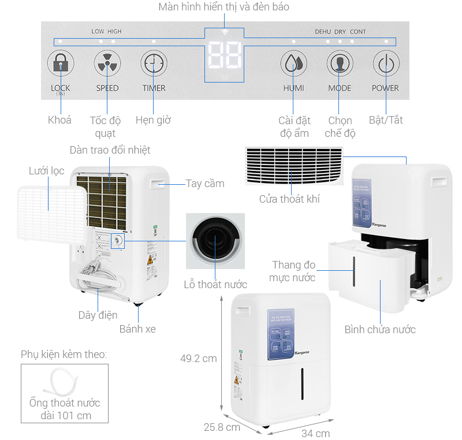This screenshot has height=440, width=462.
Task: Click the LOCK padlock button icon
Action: pos(60,64)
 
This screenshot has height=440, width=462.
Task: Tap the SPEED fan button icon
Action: pos(107,64)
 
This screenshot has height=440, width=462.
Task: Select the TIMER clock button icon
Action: pos(154,64)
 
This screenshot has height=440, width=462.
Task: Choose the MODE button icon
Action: pos(340,64)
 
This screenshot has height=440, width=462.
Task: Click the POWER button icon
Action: pos(385,64)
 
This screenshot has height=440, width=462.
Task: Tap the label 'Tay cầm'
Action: pos(205,184)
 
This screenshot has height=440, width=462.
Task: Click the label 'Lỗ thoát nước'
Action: pos(215,284)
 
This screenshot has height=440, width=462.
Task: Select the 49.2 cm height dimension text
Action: pos(198,358)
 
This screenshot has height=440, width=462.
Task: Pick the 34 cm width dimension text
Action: pos(315,433)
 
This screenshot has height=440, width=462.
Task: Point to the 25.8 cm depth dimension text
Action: pos(221,427)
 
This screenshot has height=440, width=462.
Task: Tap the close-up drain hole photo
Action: pos(215,241)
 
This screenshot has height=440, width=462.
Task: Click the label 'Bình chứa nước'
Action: pos(380,329)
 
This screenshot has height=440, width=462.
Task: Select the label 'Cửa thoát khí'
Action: pos(289,199)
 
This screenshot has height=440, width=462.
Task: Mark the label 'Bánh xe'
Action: pos(137,329)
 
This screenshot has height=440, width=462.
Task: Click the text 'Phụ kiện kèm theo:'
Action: pos(64,354)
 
